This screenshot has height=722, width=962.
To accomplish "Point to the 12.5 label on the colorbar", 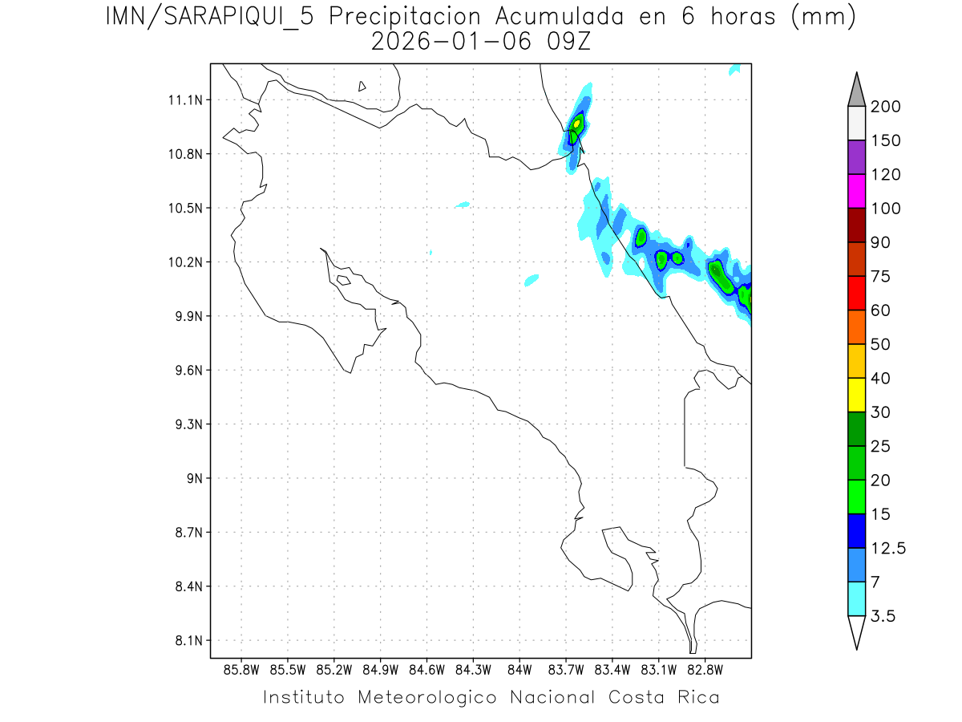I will coord(888,548).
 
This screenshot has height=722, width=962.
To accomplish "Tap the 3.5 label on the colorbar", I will coord(883,616).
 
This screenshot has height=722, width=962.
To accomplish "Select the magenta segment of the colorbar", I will coord(856,191).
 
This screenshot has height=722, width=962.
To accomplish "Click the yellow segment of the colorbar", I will coord(856,395).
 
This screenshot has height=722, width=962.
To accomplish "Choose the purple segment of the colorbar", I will coord(856,157).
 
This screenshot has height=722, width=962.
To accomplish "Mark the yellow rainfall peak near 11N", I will coord(577,124).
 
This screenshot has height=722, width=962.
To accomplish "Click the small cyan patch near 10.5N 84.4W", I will coord(463,205).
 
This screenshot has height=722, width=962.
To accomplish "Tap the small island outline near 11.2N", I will coord(362,86).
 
